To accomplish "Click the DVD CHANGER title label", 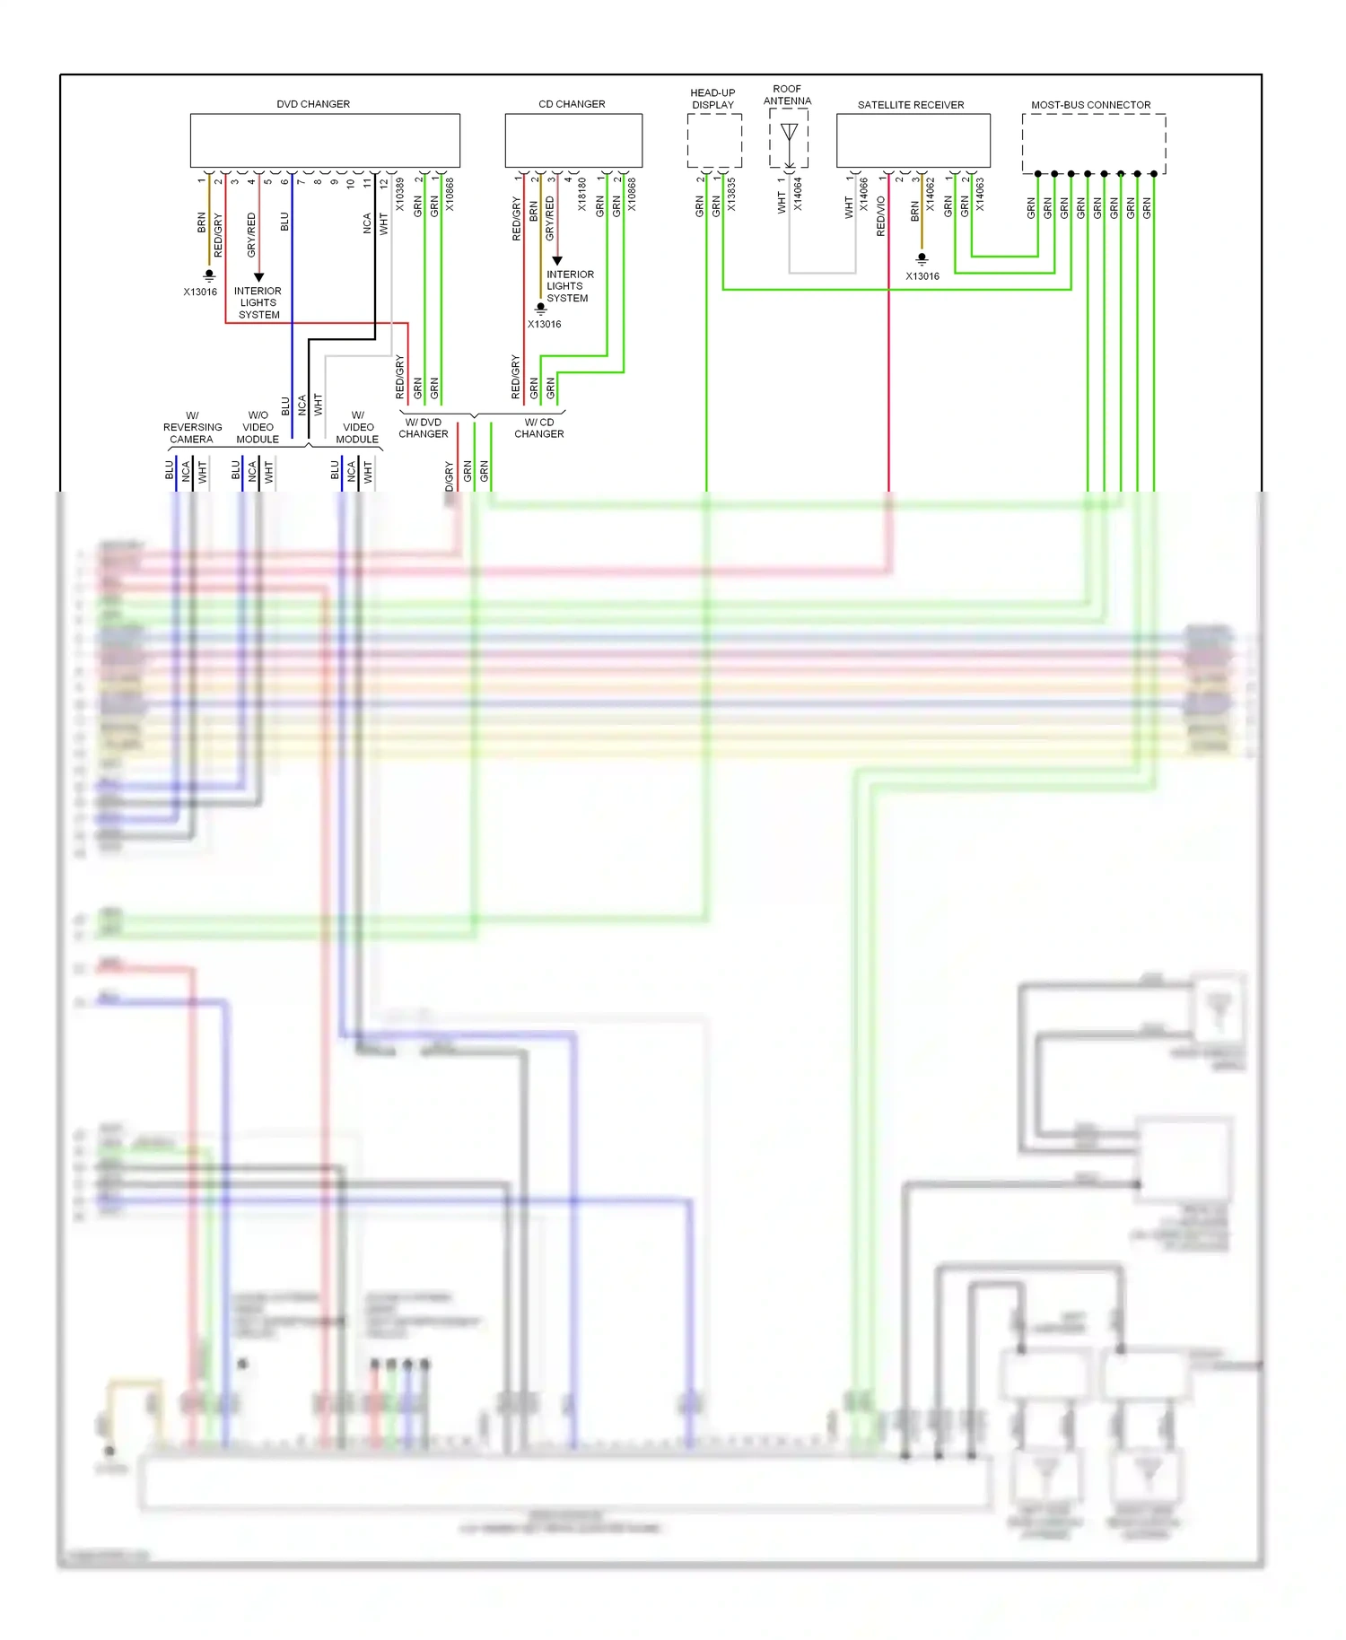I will (313, 104).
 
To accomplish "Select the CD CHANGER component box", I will (573, 140).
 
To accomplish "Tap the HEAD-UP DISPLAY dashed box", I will (714, 141).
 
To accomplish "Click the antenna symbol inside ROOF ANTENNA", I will (789, 135).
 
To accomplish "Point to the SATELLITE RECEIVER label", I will (911, 105).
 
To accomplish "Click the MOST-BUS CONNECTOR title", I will (1090, 105).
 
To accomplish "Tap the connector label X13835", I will (732, 195).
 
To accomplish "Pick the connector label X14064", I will (798, 195).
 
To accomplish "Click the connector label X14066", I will (864, 195).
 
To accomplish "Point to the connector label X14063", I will (980, 195).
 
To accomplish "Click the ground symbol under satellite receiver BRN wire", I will (922, 258).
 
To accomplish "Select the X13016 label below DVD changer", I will (200, 292).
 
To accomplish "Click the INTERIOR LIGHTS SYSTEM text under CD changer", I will (569, 286).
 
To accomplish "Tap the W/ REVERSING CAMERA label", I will (192, 427).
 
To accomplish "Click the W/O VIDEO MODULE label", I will (258, 427).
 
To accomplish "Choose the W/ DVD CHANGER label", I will (423, 428).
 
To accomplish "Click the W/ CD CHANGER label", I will (538, 428).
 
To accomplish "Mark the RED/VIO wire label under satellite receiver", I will (880, 216).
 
